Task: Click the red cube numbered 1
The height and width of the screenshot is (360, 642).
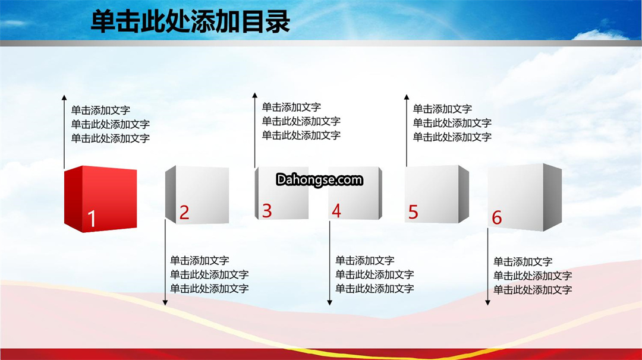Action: [100, 199]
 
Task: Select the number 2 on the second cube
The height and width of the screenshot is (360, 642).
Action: [184, 212]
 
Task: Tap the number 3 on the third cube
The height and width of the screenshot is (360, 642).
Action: [267, 211]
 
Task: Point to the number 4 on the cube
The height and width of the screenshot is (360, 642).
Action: [336, 211]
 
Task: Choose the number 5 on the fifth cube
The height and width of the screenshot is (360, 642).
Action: [413, 212]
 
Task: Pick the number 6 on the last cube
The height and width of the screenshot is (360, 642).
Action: [496, 217]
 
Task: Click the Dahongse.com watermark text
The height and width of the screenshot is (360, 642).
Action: [319, 179]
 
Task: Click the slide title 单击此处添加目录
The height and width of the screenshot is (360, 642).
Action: [190, 21]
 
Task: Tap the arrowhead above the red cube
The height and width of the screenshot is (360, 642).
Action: [64, 97]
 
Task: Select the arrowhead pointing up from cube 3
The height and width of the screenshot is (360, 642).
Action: [254, 95]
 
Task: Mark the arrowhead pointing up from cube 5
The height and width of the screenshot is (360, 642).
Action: [407, 97]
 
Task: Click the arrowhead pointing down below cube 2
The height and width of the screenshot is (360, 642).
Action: [165, 303]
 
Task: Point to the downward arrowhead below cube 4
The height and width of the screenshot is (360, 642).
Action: [329, 303]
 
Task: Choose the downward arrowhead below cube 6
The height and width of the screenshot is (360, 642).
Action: [487, 303]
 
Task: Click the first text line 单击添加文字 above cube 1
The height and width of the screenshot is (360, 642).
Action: [100, 110]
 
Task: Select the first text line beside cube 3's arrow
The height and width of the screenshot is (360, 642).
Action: [291, 107]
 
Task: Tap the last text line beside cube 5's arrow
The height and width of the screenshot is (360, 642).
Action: [452, 137]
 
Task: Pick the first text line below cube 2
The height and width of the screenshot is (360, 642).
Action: [200, 260]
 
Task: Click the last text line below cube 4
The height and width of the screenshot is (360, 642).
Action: [374, 288]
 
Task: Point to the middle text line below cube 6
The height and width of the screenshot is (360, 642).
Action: [533, 276]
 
